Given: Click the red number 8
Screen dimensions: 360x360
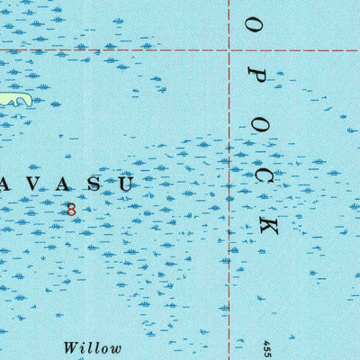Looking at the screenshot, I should [x=71, y=209].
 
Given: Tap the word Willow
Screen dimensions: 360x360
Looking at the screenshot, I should [x=91, y=346].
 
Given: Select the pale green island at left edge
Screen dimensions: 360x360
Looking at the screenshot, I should [x=16, y=98].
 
